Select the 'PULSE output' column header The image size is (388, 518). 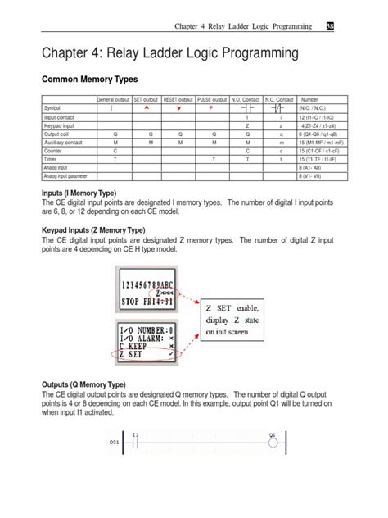point(211,99)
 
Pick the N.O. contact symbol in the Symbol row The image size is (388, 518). point(246,108)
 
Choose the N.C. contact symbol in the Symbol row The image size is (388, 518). point(282,108)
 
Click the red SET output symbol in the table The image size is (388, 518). point(145,108)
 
